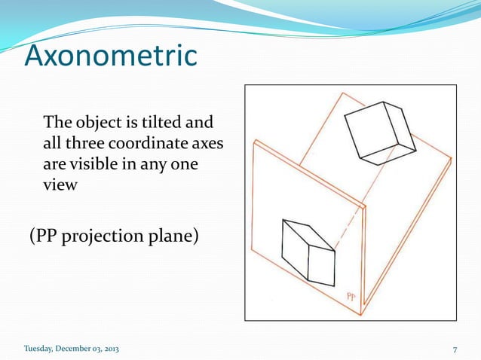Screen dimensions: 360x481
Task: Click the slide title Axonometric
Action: pos(112,56)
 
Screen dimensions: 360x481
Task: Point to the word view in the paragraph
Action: pos(60,184)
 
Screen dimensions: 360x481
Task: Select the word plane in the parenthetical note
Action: pos(173,236)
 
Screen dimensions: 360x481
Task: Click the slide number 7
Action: pos(455,349)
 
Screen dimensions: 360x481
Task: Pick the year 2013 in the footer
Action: pos(108,349)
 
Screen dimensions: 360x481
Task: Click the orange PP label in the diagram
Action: pos(351,297)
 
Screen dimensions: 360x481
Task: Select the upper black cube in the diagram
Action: pos(378,132)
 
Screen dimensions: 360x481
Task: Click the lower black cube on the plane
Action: pos(308,252)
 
